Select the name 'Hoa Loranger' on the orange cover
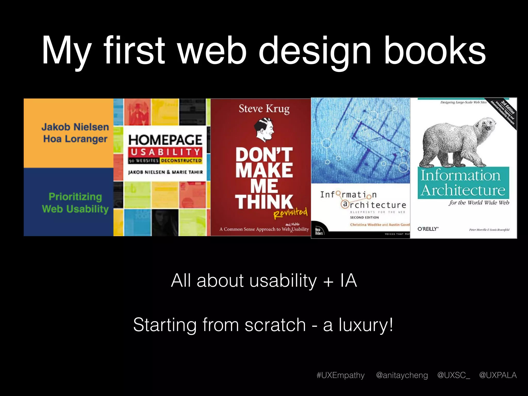75,139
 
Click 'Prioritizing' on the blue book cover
75,197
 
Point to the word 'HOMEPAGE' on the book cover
165,140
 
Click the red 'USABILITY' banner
165,152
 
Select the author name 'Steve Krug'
264,109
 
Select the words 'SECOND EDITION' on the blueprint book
364,217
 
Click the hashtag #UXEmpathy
341,375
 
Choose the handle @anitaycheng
402,375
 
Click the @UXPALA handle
498,375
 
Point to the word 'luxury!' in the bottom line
366,325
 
